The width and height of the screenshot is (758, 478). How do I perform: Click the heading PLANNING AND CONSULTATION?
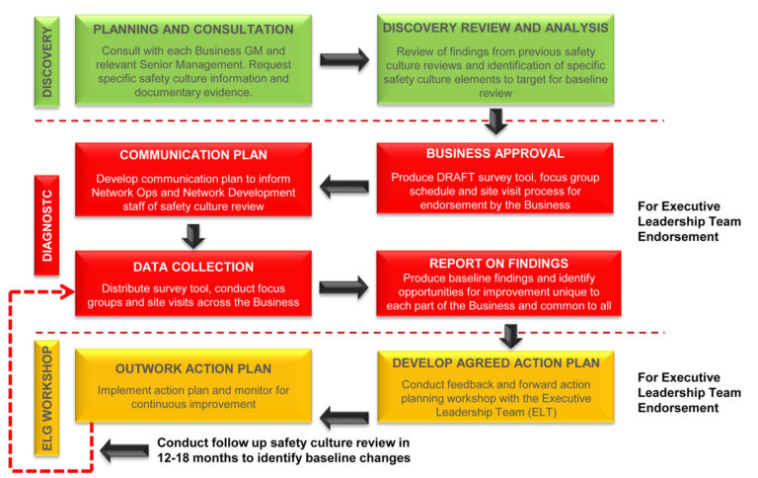(193, 30)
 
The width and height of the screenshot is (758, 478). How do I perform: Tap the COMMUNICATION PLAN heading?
(193, 155)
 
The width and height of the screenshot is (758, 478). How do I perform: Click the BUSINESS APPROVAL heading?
(494, 154)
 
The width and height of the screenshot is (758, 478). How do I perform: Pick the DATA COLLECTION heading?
(193, 267)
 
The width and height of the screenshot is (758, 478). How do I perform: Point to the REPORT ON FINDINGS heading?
(494, 264)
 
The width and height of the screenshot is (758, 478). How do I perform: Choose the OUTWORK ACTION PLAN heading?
(194, 368)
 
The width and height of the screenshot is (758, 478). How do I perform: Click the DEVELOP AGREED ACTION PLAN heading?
(494, 363)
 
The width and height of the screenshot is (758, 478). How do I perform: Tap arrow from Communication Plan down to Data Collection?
(194, 235)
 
